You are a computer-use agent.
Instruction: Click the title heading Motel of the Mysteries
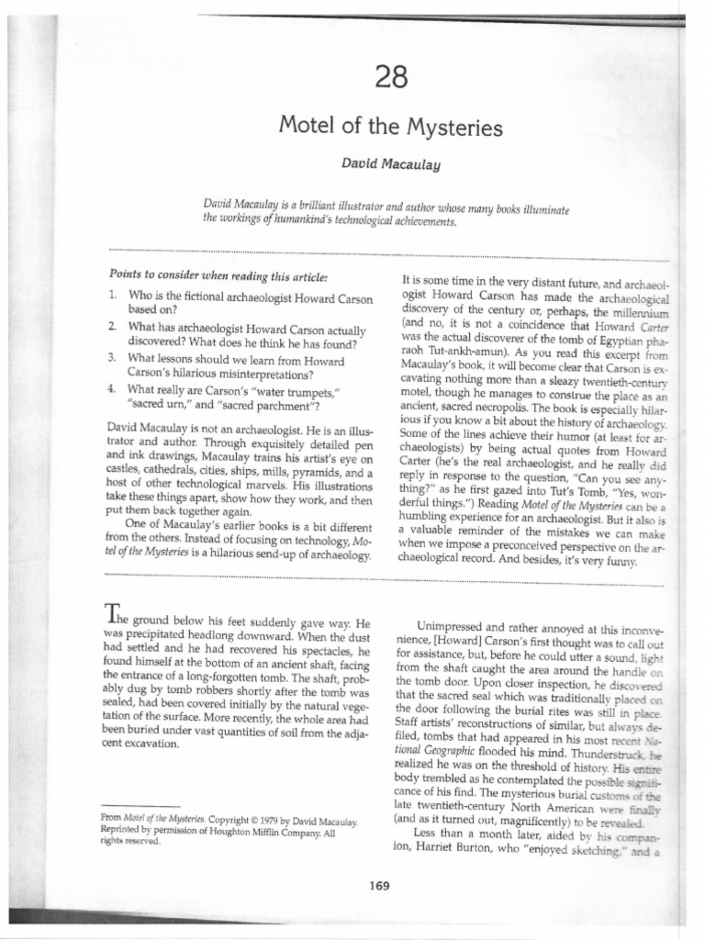pos(390,127)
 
